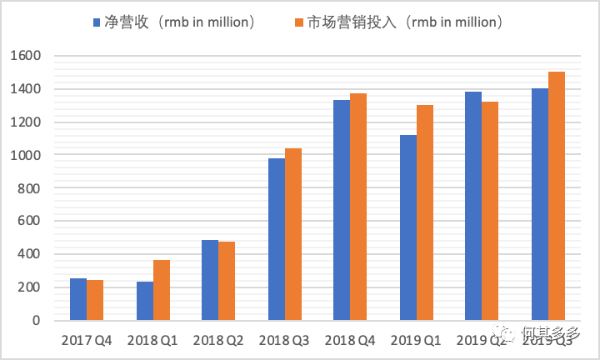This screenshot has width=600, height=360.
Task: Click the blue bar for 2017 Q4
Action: [78, 299]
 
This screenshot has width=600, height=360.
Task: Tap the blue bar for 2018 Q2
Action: [210, 280]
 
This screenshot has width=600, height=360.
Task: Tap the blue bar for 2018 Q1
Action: [144, 301]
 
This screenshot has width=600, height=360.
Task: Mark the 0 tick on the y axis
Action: [37, 320]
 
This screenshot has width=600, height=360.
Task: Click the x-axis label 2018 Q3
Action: [285, 340]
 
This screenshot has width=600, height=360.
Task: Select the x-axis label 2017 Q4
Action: [87, 340]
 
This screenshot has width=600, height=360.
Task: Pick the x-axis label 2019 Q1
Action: [417, 340]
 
